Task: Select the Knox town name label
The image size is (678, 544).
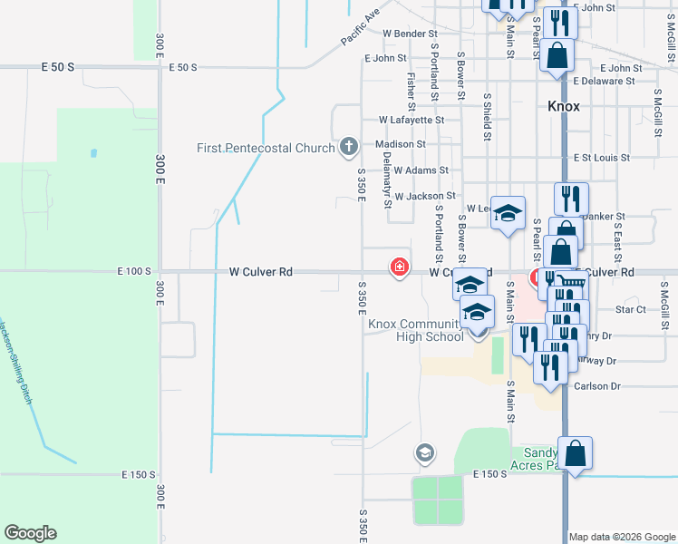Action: click(x=563, y=106)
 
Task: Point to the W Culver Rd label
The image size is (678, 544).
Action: click(x=261, y=271)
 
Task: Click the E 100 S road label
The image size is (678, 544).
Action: click(x=133, y=271)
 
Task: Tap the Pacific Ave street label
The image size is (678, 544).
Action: click(x=360, y=28)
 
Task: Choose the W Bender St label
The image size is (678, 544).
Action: click(x=411, y=34)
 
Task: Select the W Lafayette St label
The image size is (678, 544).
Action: click(x=412, y=120)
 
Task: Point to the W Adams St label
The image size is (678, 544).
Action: click(x=421, y=170)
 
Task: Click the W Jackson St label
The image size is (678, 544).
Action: click(x=424, y=196)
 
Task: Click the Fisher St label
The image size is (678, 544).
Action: click(x=412, y=87)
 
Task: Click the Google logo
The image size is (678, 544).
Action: click(x=30, y=533)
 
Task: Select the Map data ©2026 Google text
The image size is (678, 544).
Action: click(x=621, y=537)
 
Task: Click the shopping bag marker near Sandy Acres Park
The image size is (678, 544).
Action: click(x=575, y=453)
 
